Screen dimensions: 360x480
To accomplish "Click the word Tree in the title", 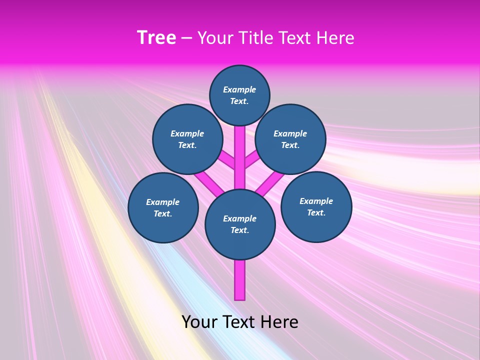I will [156, 38].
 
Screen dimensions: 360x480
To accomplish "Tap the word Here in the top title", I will [336, 38].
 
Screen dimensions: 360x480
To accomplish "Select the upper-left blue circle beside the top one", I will [187, 139].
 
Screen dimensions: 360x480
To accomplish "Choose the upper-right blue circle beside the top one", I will [290, 139].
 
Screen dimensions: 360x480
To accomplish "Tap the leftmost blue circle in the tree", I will [163, 207].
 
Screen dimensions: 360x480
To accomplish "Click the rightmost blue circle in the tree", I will [316, 206].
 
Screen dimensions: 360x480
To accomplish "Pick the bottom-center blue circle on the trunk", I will [240, 224].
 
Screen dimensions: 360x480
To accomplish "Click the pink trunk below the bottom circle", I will [240, 280].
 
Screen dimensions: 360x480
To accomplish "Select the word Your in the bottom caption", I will [199, 322].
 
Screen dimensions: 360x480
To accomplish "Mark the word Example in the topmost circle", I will [239, 89].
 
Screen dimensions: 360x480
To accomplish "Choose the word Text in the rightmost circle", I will [316, 212].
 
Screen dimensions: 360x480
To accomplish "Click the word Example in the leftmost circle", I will [163, 202].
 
